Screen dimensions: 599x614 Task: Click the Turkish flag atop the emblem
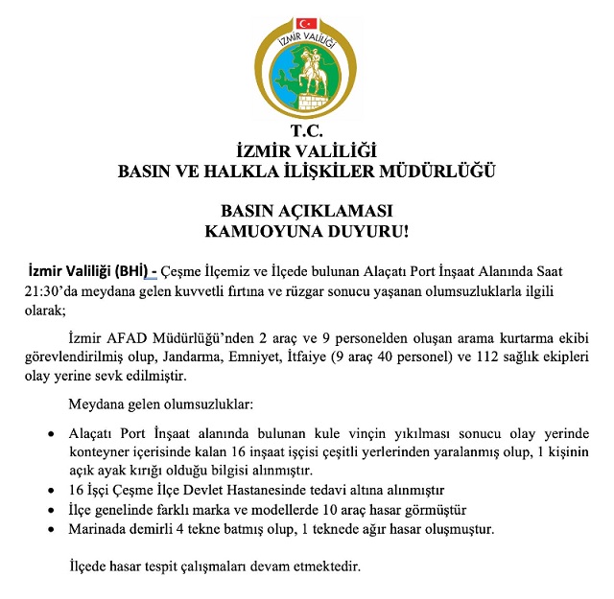coord(306,21)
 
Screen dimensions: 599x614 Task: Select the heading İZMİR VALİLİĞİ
coord(307,150)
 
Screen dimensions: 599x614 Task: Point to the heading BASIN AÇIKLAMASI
coord(307,211)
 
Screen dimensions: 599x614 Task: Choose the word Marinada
coord(99,528)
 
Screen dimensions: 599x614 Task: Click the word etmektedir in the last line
coord(327,566)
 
